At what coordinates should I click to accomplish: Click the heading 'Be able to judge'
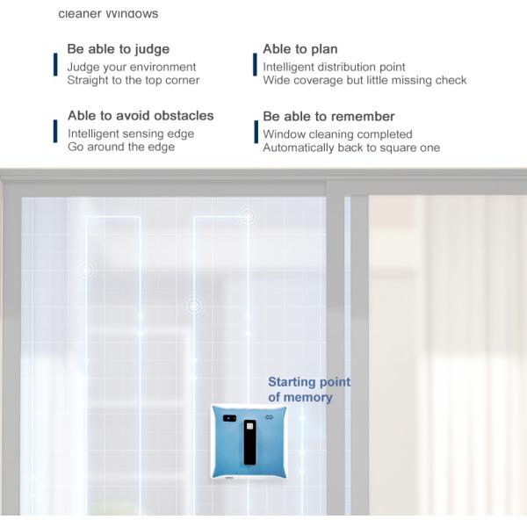click(119, 49)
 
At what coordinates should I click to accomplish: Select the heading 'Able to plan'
click(300, 49)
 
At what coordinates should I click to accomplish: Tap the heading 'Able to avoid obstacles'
click(141, 116)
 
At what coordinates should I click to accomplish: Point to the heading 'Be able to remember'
click(328, 117)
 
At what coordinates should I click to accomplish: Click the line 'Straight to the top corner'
click(134, 81)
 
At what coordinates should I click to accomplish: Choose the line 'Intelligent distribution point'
click(334, 67)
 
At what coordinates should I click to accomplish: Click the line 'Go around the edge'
click(121, 147)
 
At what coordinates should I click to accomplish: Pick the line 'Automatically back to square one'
click(351, 148)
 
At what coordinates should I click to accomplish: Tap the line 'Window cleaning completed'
click(337, 134)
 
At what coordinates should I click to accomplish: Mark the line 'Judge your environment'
click(132, 67)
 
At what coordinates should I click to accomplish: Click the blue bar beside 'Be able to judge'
click(56, 65)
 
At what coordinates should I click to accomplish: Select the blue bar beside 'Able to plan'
click(255, 65)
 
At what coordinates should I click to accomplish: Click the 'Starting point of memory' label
click(308, 389)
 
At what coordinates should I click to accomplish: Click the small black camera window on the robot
click(229, 418)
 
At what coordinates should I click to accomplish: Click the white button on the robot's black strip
click(250, 428)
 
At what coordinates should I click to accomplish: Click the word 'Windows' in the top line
click(132, 14)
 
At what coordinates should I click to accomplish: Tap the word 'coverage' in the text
click(321, 81)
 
